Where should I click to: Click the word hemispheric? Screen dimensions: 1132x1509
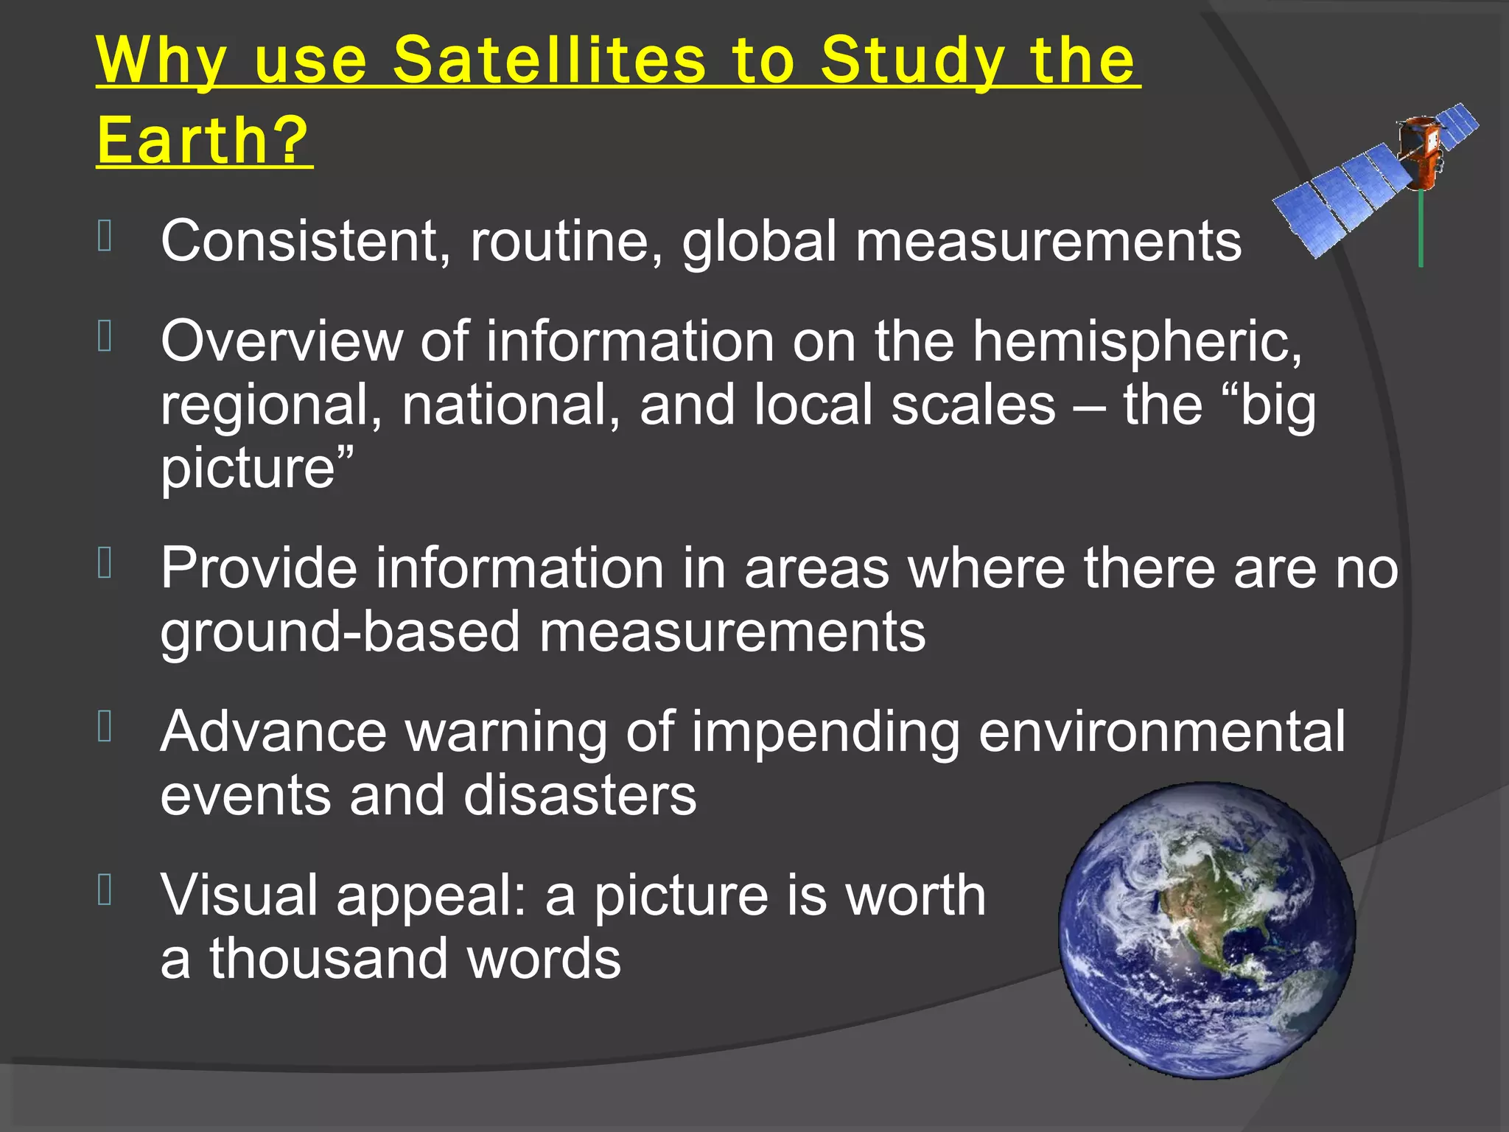click(1137, 342)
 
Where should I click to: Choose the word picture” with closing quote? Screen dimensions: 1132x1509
click(257, 469)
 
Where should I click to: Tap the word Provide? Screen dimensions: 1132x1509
click(258, 568)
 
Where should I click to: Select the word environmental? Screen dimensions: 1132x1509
click(1162, 732)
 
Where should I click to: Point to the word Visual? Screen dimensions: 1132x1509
click(239, 895)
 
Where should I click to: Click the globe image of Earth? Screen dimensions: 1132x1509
click(1206, 930)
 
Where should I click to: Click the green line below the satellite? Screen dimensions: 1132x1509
click(1421, 228)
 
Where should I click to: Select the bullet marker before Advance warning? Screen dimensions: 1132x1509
click(105, 726)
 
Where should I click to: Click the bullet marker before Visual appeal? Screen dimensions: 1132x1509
click(105, 889)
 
